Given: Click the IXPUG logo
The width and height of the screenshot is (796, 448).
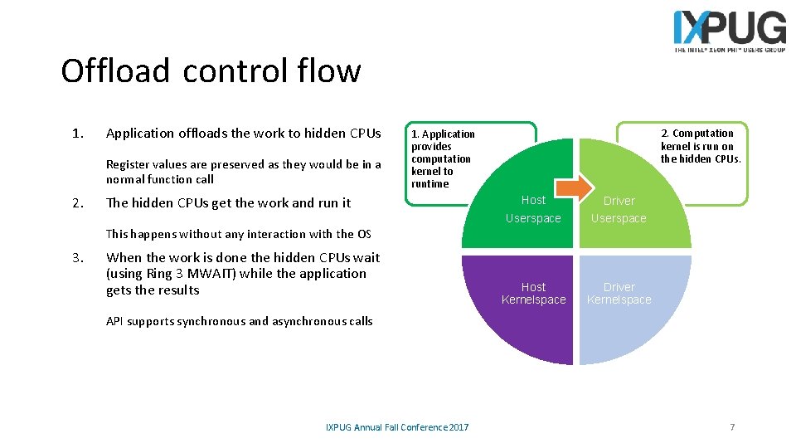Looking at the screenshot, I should coord(729,31).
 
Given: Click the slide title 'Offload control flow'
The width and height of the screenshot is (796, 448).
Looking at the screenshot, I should coord(211,71).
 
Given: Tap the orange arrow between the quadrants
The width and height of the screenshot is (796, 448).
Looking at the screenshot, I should coord(575,186).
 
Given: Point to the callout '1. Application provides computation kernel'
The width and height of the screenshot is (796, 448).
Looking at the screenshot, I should coord(443,158).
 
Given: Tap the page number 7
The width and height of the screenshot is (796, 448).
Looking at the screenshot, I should coord(732,426).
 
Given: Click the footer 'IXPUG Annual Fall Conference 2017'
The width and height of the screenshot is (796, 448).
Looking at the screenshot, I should coord(397,427).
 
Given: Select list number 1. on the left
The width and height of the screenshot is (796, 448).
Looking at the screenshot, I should coord(77,134).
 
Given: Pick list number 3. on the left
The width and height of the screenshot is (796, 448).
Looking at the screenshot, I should coord(77,258).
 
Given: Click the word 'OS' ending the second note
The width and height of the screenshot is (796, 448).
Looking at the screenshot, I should coord(364,234).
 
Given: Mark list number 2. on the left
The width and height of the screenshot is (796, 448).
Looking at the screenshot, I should coord(77,203).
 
